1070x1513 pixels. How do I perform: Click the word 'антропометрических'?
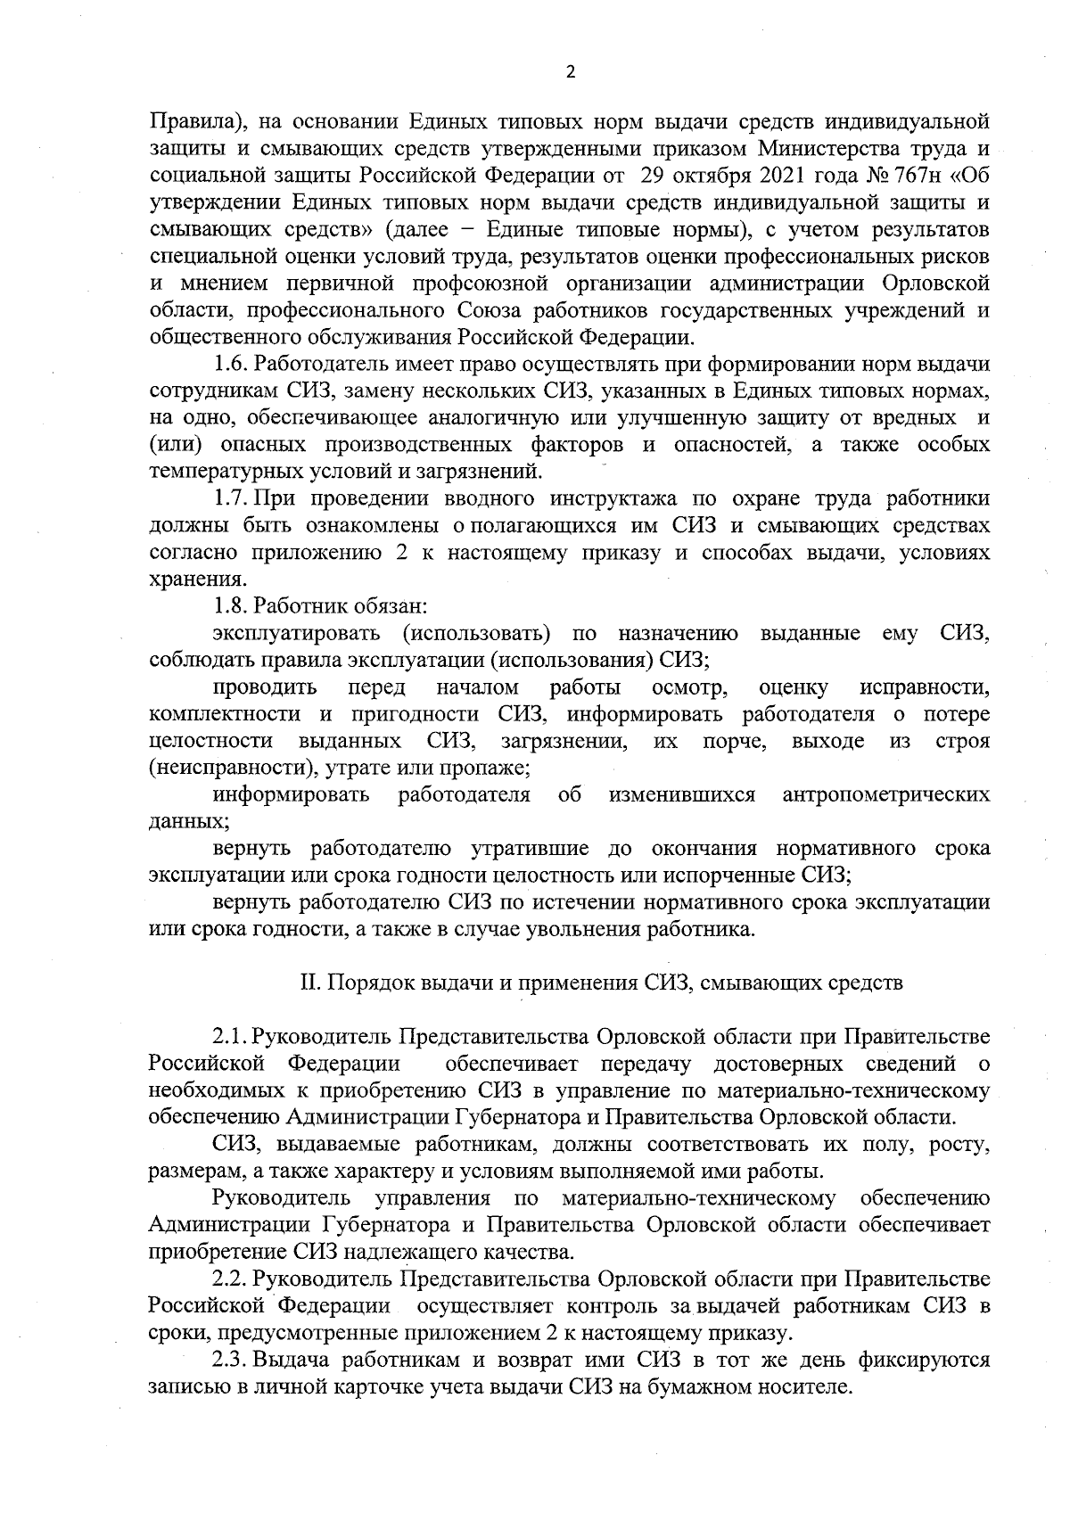pyautogui.click(x=885, y=794)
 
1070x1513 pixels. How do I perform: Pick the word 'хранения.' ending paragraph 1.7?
pyautogui.click(x=186, y=580)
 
